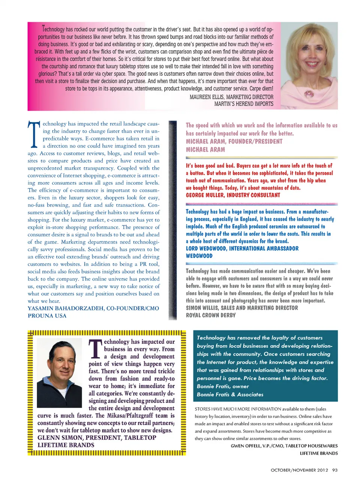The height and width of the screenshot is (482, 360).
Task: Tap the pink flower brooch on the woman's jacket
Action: tap(309, 93)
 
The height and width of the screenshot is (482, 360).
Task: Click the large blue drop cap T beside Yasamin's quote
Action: tap(34, 134)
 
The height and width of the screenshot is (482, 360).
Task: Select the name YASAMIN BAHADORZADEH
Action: tap(65, 308)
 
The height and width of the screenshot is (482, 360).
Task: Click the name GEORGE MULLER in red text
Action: tap(207, 195)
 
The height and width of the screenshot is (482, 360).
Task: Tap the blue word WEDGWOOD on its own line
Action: tap(199, 256)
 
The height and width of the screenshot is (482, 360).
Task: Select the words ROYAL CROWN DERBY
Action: tap(211, 315)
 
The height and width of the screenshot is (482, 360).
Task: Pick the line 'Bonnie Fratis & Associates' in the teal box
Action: tap(230, 395)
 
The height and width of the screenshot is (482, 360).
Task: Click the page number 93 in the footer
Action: tap(335, 470)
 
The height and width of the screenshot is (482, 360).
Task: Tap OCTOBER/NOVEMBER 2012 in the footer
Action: tap(299, 470)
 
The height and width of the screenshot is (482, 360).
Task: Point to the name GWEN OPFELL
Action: tap(245, 446)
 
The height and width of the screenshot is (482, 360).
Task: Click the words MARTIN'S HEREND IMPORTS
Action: tap(244, 104)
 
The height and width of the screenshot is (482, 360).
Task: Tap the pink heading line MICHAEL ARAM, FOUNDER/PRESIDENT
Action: tap(234, 142)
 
